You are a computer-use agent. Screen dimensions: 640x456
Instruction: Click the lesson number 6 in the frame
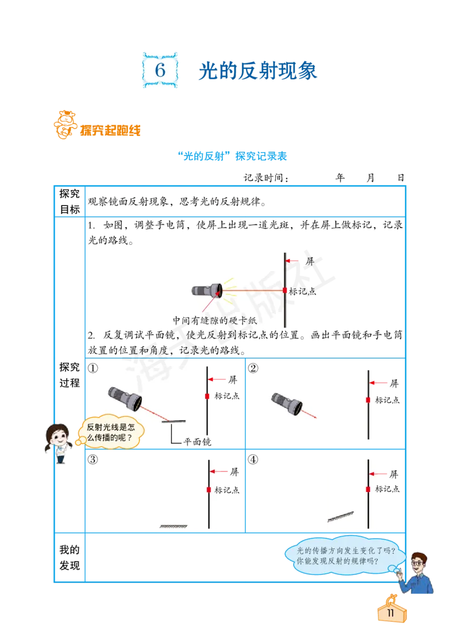(x=161, y=71)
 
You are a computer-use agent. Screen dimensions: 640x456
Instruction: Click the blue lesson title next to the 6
(x=257, y=71)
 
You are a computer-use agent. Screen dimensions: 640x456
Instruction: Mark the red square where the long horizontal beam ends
(x=285, y=290)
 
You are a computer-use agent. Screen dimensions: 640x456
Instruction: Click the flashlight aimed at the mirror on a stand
(x=125, y=397)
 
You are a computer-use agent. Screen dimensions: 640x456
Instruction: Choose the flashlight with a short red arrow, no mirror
(x=287, y=401)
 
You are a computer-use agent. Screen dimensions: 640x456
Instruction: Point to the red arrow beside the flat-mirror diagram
(x=219, y=471)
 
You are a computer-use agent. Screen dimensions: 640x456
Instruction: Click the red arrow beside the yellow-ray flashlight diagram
(x=293, y=261)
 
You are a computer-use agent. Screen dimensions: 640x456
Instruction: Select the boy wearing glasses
(x=417, y=572)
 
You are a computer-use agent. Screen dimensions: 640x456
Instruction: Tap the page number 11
(x=391, y=613)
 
